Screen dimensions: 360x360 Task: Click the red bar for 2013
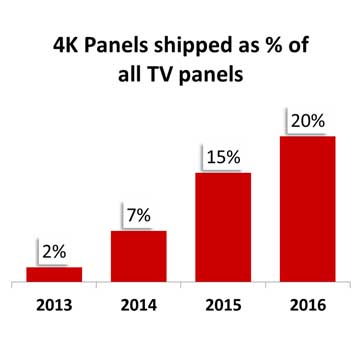[x=54, y=274]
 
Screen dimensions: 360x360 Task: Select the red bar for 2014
[x=138, y=255]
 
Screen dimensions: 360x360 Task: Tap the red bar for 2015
[x=222, y=227]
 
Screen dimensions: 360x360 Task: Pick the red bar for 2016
[x=307, y=208]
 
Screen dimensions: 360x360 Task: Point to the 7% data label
[x=138, y=216]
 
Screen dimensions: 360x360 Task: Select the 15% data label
[x=223, y=157]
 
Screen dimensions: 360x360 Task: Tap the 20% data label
[x=307, y=120]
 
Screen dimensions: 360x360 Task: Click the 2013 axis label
[x=54, y=305]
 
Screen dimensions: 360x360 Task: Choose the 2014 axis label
[x=138, y=305]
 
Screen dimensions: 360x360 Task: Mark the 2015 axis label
[x=222, y=305]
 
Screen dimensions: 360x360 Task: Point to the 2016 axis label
[x=307, y=305]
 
